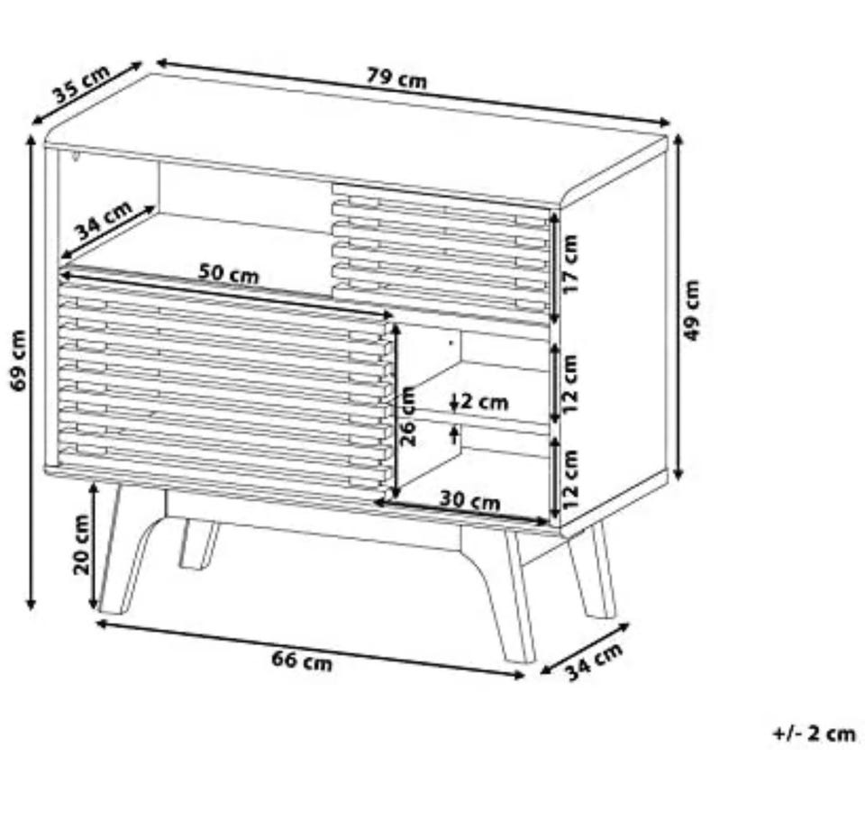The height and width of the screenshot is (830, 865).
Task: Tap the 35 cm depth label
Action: pyautogui.click(x=82, y=85)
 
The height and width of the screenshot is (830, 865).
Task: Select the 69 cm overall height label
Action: pyautogui.click(x=18, y=360)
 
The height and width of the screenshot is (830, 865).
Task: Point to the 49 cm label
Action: pyautogui.click(x=692, y=310)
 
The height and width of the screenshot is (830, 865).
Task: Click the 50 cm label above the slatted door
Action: pyautogui.click(x=228, y=273)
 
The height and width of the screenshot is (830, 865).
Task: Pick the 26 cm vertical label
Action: pyautogui.click(x=407, y=416)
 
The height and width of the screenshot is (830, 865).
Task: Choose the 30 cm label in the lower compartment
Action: pyautogui.click(x=470, y=500)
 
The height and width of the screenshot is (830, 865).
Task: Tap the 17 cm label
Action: pyautogui.click(x=570, y=264)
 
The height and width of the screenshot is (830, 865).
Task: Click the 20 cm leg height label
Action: pyautogui.click(x=81, y=544)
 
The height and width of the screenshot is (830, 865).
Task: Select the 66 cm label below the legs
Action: pyautogui.click(x=302, y=660)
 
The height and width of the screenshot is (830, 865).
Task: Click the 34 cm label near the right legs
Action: pyautogui.click(x=595, y=661)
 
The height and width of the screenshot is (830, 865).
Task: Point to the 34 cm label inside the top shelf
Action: pyautogui.click(x=104, y=219)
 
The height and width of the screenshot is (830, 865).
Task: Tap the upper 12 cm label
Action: pyautogui.click(x=570, y=384)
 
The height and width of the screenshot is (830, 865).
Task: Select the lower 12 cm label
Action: pyautogui.click(x=570, y=479)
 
